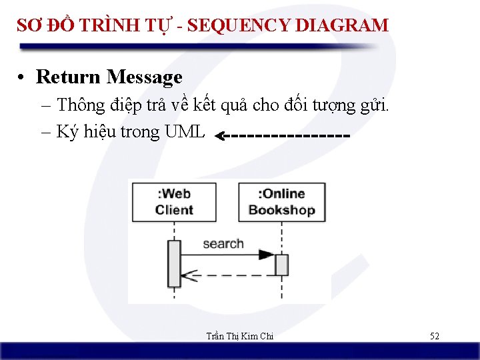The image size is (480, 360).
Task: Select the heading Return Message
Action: click(109, 77)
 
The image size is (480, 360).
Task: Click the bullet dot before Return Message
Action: click(23, 78)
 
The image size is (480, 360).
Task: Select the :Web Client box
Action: click(174, 202)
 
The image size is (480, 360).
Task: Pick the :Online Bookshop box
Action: click(281, 202)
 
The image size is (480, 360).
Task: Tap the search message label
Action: click(223, 244)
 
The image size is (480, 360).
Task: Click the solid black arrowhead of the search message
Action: click(266, 255)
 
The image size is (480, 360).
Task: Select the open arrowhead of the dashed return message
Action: click(187, 274)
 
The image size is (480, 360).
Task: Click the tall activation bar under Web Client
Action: click(174, 263)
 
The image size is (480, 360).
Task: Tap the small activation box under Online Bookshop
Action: click(281, 265)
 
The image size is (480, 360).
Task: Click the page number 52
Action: click(434, 336)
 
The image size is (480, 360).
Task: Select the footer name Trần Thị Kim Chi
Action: click(240, 336)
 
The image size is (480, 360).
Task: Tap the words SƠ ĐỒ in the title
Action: click(45, 26)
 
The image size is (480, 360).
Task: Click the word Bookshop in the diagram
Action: click(281, 211)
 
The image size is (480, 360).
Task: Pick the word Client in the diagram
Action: click(174, 211)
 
